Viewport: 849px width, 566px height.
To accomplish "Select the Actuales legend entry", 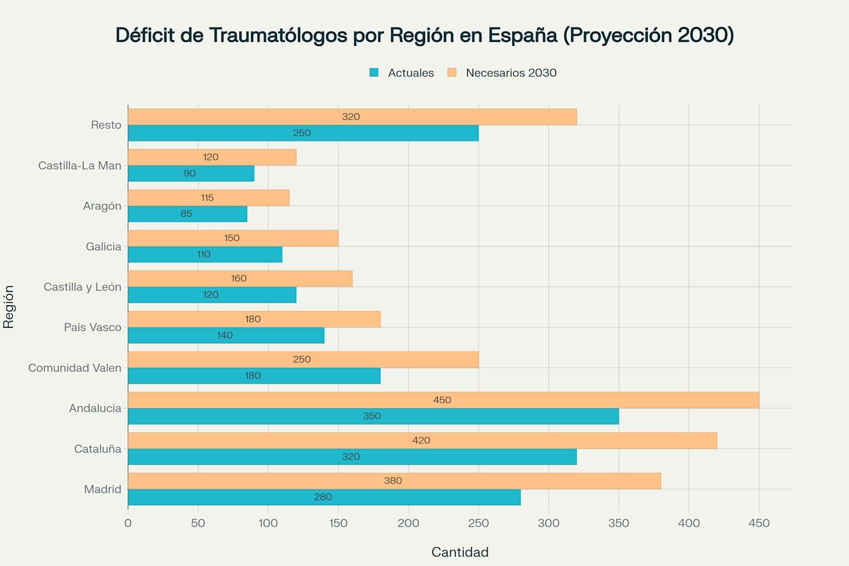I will [402, 73].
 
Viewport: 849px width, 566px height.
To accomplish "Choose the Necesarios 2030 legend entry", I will [502, 73].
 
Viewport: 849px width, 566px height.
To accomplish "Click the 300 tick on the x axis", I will [548, 523].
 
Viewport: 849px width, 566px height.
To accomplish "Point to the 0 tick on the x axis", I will [128, 523].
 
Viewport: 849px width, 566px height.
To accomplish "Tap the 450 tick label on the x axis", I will [758, 523].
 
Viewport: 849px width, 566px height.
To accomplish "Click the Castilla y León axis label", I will [82, 287].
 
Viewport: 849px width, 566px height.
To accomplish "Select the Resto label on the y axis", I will [106, 125].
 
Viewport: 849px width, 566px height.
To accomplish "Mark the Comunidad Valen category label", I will [75, 368].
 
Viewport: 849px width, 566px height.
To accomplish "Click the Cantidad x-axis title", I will [460, 552].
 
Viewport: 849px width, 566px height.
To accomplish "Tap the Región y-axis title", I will [8, 307].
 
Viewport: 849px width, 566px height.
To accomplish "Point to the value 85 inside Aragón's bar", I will [186, 214].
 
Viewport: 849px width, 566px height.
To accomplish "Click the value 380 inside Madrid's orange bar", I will [393, 481].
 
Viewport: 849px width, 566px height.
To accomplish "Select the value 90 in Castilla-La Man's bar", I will [190, 174].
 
